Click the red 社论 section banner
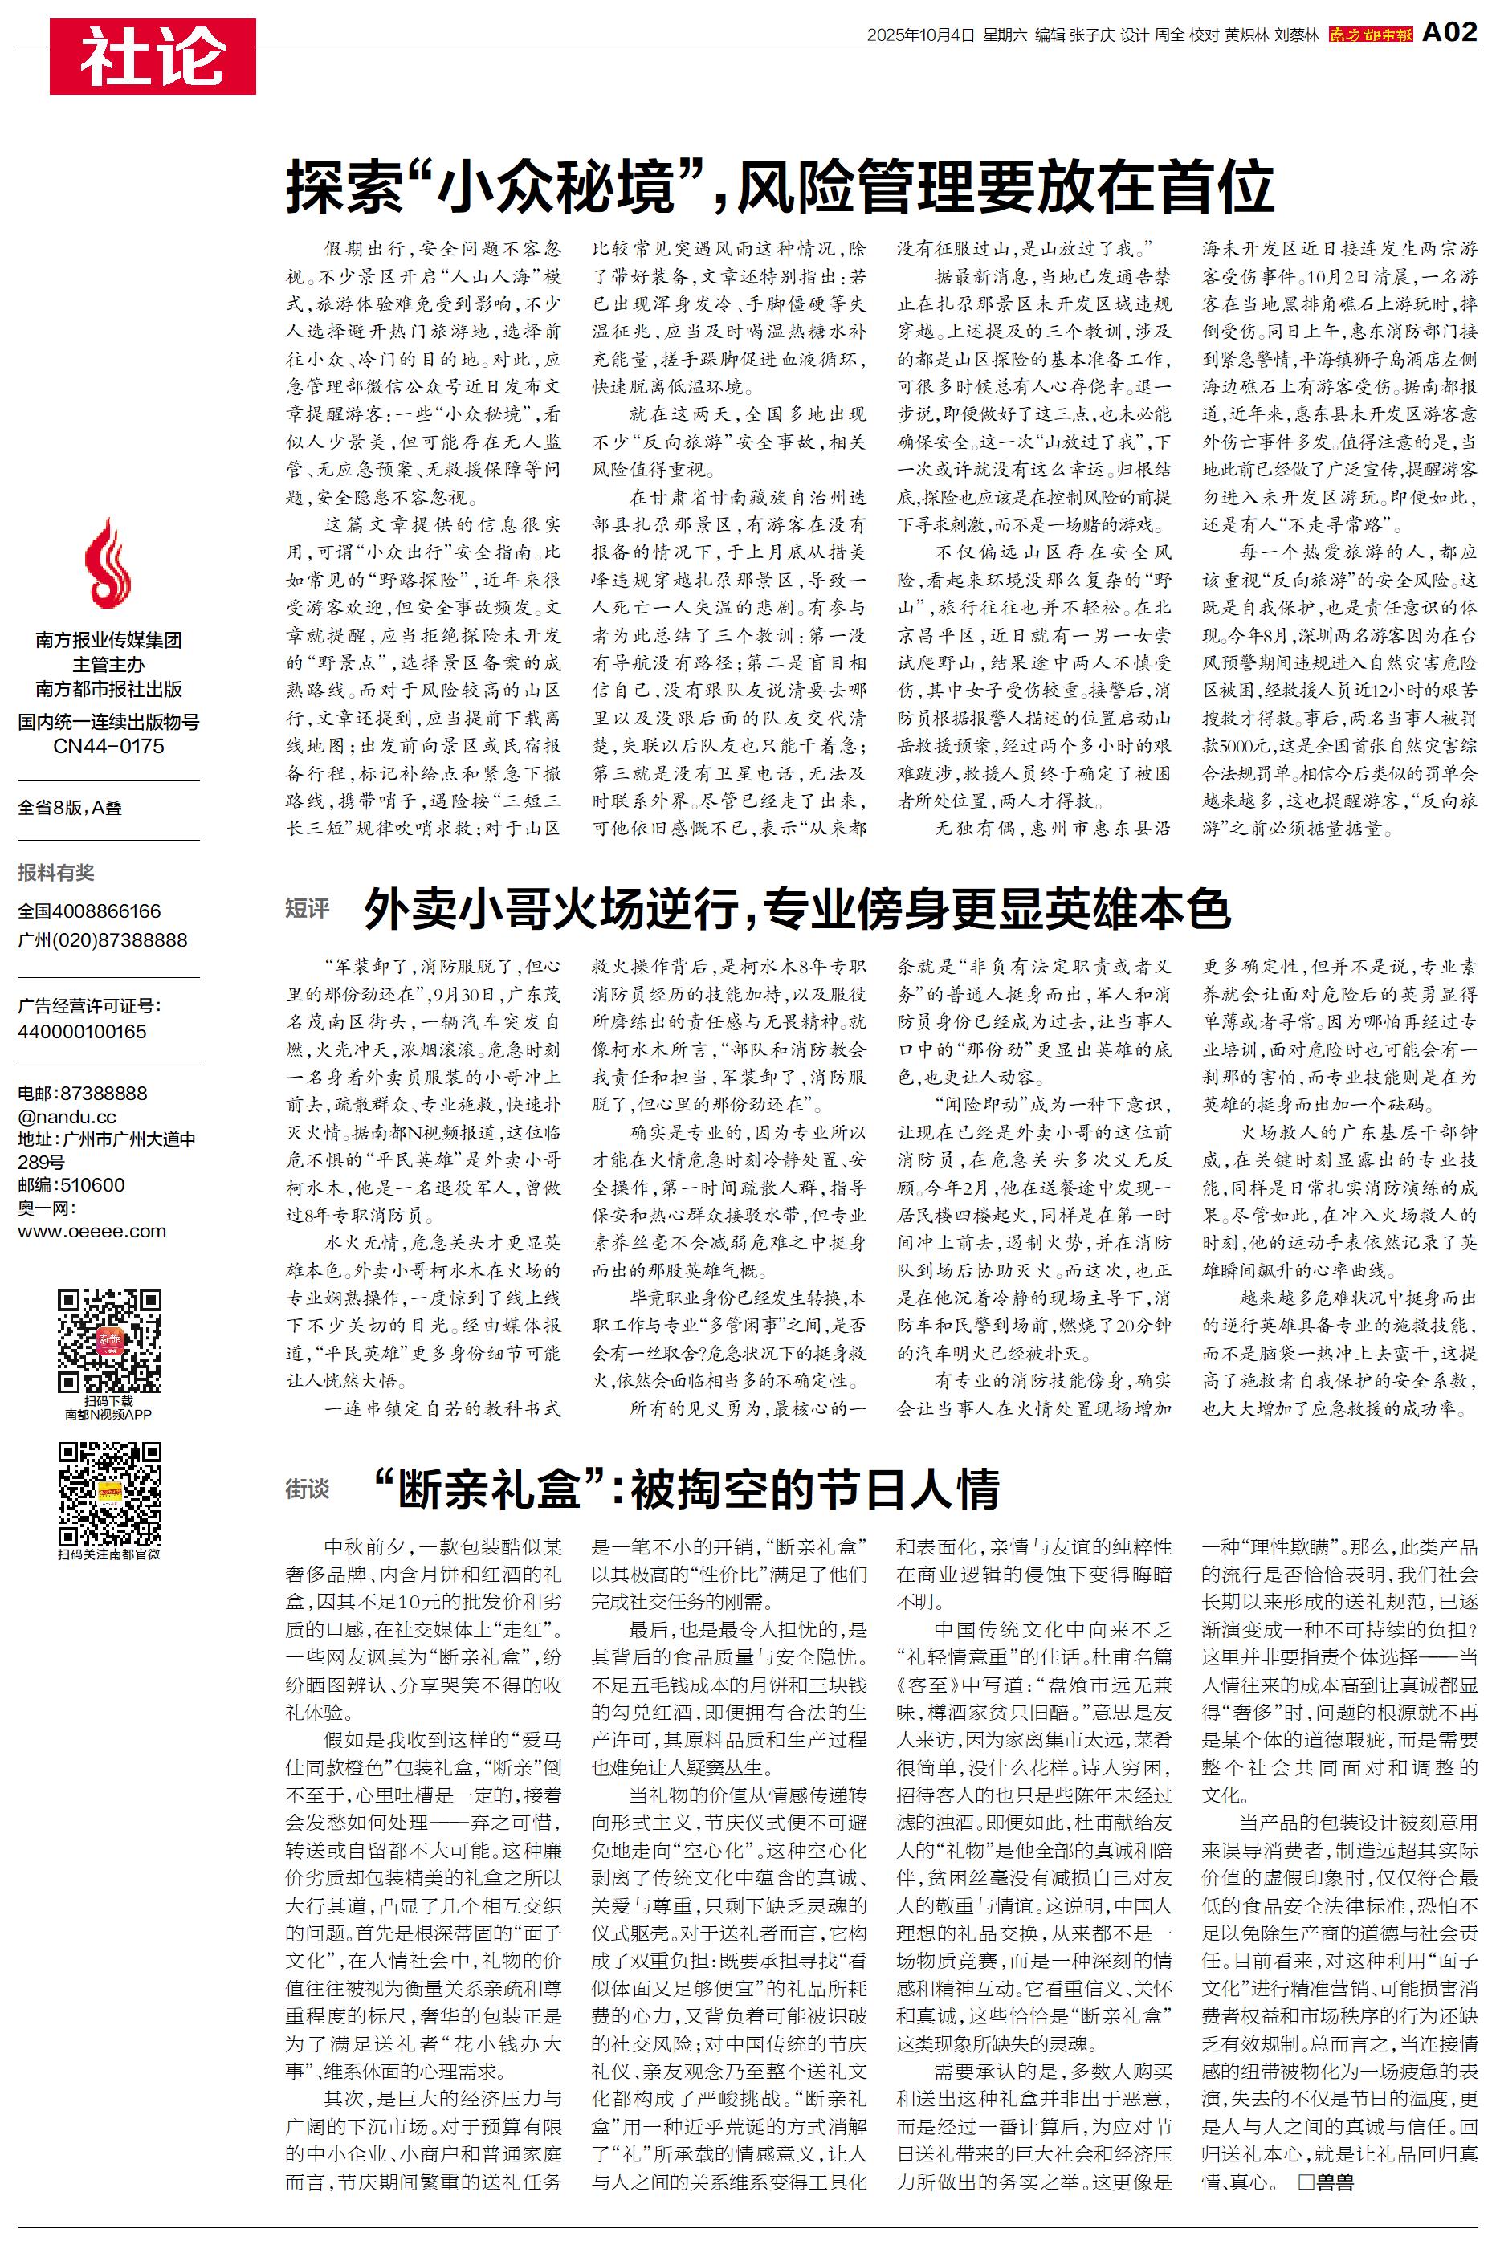tap(153, 56)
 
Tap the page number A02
tap(1449, 32)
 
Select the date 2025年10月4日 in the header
tap(921, 35)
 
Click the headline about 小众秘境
tap(780, 187)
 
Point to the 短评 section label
tap(308, 908)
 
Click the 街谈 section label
tap(308, 1489)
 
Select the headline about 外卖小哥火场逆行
tap(797, 909)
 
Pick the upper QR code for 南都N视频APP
tap(108, 1340)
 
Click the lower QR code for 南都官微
tap(108, 1493)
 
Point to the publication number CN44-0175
tap(108, 747)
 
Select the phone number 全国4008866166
tap(90, 911)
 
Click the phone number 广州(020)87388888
tap(102, 939)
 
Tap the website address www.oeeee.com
tap(92, 1231)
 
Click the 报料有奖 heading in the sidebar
tap(56, 872)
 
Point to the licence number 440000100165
tap(82, 1031)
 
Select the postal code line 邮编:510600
tap(71, 1184)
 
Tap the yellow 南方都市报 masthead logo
tap(1370, 35)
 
